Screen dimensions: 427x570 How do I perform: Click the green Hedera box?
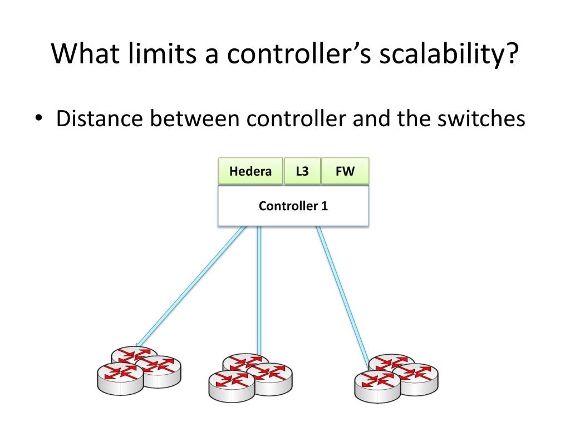(250, 171)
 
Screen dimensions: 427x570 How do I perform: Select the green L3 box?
(302, 171)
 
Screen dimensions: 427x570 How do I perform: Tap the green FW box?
(345, 171)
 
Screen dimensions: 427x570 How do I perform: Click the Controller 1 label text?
(293, 206)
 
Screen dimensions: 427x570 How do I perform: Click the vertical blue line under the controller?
(259, 289)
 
